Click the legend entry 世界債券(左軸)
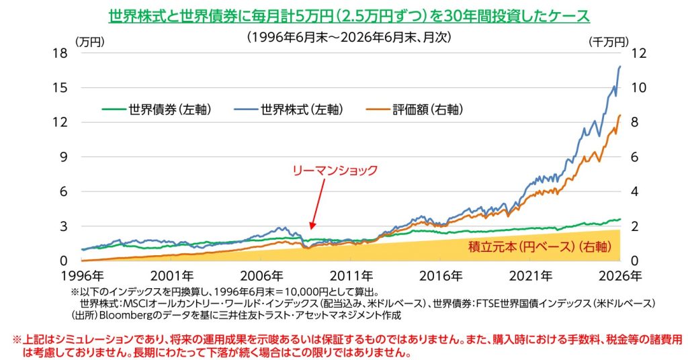(x=157, y=109)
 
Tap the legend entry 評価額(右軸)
(x=415, y=109)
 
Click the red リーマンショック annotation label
(x=335, y=170)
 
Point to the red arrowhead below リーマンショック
(x=312, y=226)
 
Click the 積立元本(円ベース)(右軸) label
(x=540, y=246)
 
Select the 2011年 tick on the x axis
(x=351, y=276)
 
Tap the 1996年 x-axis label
(x=83, y=276)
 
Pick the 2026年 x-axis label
(x=620, y=276)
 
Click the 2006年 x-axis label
(x=261, y=276)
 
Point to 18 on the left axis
(x=60, y=53)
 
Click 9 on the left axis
(x=64, y=157)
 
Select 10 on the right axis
(x=639, y=88)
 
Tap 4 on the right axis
(x=635, y=191)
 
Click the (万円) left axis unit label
(x=90, y=42)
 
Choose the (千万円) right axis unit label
(x=609, y=42)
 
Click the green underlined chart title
(x=349, y=16)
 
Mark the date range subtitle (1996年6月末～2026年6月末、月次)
(x=349, y=37)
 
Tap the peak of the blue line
(x=620, y=66)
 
